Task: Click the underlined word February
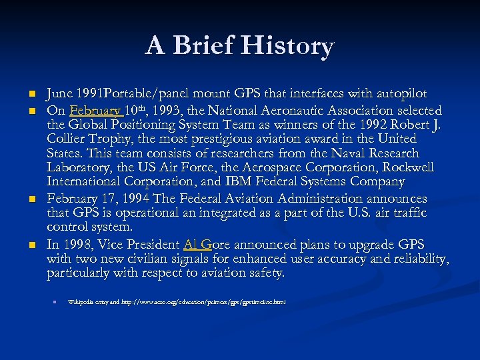[95, 110]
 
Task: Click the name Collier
[68, 139]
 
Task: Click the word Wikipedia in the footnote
[83, 302]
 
